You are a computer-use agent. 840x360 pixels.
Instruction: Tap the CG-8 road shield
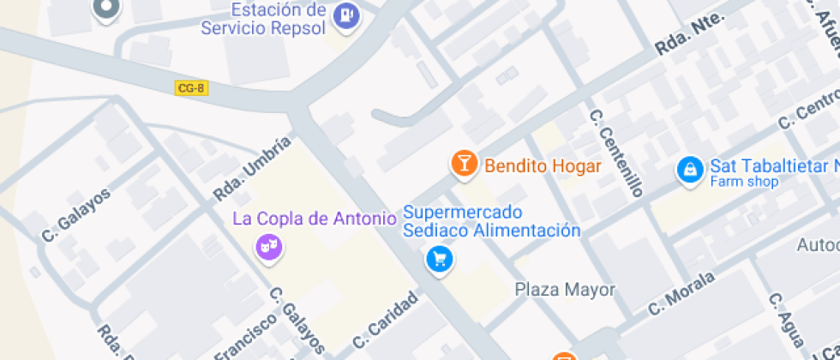pos(190,87)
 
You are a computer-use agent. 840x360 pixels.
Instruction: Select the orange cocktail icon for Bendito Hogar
pos(464,164)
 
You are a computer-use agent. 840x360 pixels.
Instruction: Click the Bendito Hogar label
pos(543,166)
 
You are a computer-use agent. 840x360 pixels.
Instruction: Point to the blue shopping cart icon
pos(440,258)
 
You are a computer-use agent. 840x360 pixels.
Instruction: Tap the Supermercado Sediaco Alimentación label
pos(491,221)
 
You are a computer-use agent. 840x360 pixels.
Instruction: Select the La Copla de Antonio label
pos(315,219)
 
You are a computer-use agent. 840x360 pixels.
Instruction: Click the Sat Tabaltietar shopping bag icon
pos(689,169)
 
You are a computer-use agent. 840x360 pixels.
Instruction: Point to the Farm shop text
pos(744,182)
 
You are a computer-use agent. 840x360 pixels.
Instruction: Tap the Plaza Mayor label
pos(565,290)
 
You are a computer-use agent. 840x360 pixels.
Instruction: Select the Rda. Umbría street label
pos(246,170)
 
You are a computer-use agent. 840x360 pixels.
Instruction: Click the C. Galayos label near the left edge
pos(76,214)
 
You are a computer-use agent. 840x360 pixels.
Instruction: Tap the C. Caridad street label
pos(385,325)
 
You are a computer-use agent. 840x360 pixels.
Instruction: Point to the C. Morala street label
pos(681,293)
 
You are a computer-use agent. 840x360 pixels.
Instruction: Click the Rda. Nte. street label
pos(690,35)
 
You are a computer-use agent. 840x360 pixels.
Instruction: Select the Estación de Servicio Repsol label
pos(264,19)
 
